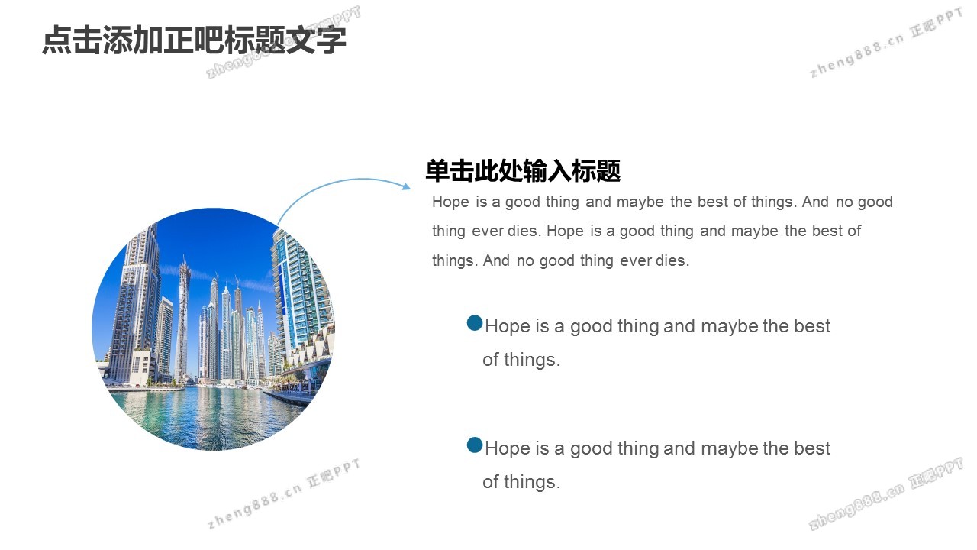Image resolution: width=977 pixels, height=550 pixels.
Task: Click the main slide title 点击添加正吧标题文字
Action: pyautogui.click(x=194, y=40)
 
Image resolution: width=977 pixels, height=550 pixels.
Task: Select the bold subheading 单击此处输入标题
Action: pyautogui.click(x=523, y=170)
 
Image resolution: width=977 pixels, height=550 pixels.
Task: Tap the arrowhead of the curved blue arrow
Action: pyautogui.click(x=406, y=186)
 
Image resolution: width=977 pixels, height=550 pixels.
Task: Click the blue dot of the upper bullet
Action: pyautogui.click(x=475, y=323)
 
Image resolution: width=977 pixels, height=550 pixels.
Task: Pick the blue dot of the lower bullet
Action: pyautogui.click(x=475, y=445)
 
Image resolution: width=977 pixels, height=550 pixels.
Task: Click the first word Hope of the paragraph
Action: pyautogui.click(x=450, y=202)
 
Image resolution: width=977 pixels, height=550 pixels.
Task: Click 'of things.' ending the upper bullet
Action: pyautogui.click(x=521, y=360)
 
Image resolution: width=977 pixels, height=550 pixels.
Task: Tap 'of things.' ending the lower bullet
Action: pyautogui.click(x=521, y=482)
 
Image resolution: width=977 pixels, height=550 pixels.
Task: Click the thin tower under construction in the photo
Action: pyautogui.click(x=182, y=321)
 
